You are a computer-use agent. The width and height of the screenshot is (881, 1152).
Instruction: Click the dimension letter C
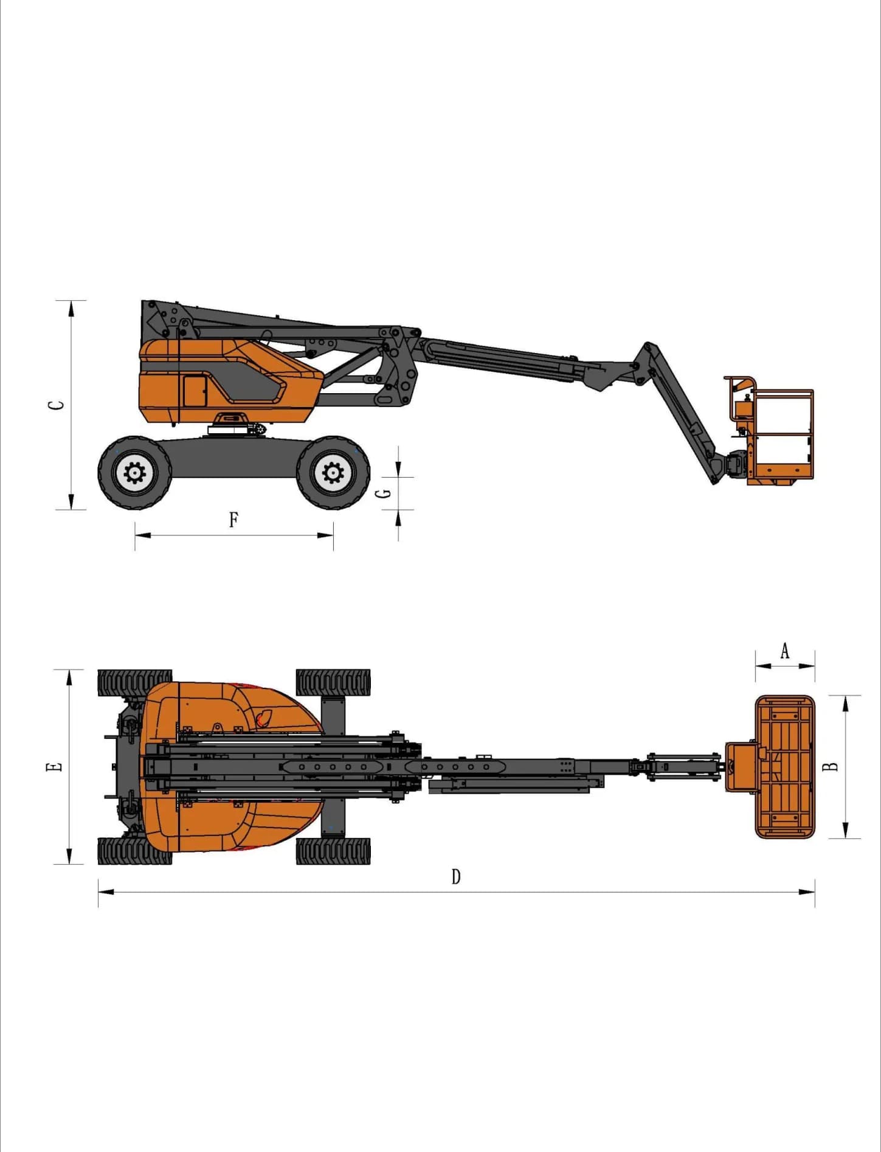[57, 405]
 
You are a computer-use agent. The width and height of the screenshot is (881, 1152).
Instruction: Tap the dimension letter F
[233, 520]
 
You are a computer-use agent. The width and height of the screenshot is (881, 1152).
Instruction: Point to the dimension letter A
[785, 651]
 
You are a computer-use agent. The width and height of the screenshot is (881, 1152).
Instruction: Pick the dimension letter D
[456, 876]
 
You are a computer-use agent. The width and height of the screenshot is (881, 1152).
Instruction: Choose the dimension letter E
[55, 767]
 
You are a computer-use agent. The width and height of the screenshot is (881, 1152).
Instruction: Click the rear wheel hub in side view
[134, 472]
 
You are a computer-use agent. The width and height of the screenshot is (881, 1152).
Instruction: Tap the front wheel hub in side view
[333, 472]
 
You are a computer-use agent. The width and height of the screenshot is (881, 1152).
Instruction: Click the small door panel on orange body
[195, 391]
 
